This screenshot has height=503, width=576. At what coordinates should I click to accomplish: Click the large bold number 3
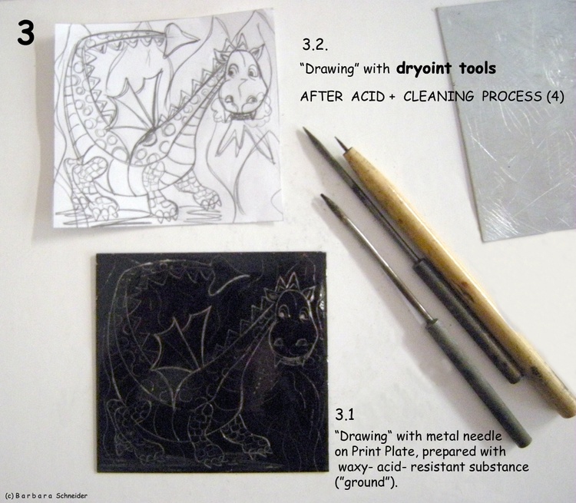point(25,33)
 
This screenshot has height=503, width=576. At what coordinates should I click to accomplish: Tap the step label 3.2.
point(315,45)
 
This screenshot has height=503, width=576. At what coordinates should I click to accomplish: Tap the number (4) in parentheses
point(554,96)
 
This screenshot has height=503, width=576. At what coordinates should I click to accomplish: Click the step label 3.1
point(345,415)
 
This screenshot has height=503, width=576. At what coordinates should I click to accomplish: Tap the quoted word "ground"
point(366,482)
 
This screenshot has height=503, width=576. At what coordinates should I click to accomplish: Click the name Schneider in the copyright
point(71,495)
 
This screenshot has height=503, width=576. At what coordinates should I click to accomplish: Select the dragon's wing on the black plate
point(184,352)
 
